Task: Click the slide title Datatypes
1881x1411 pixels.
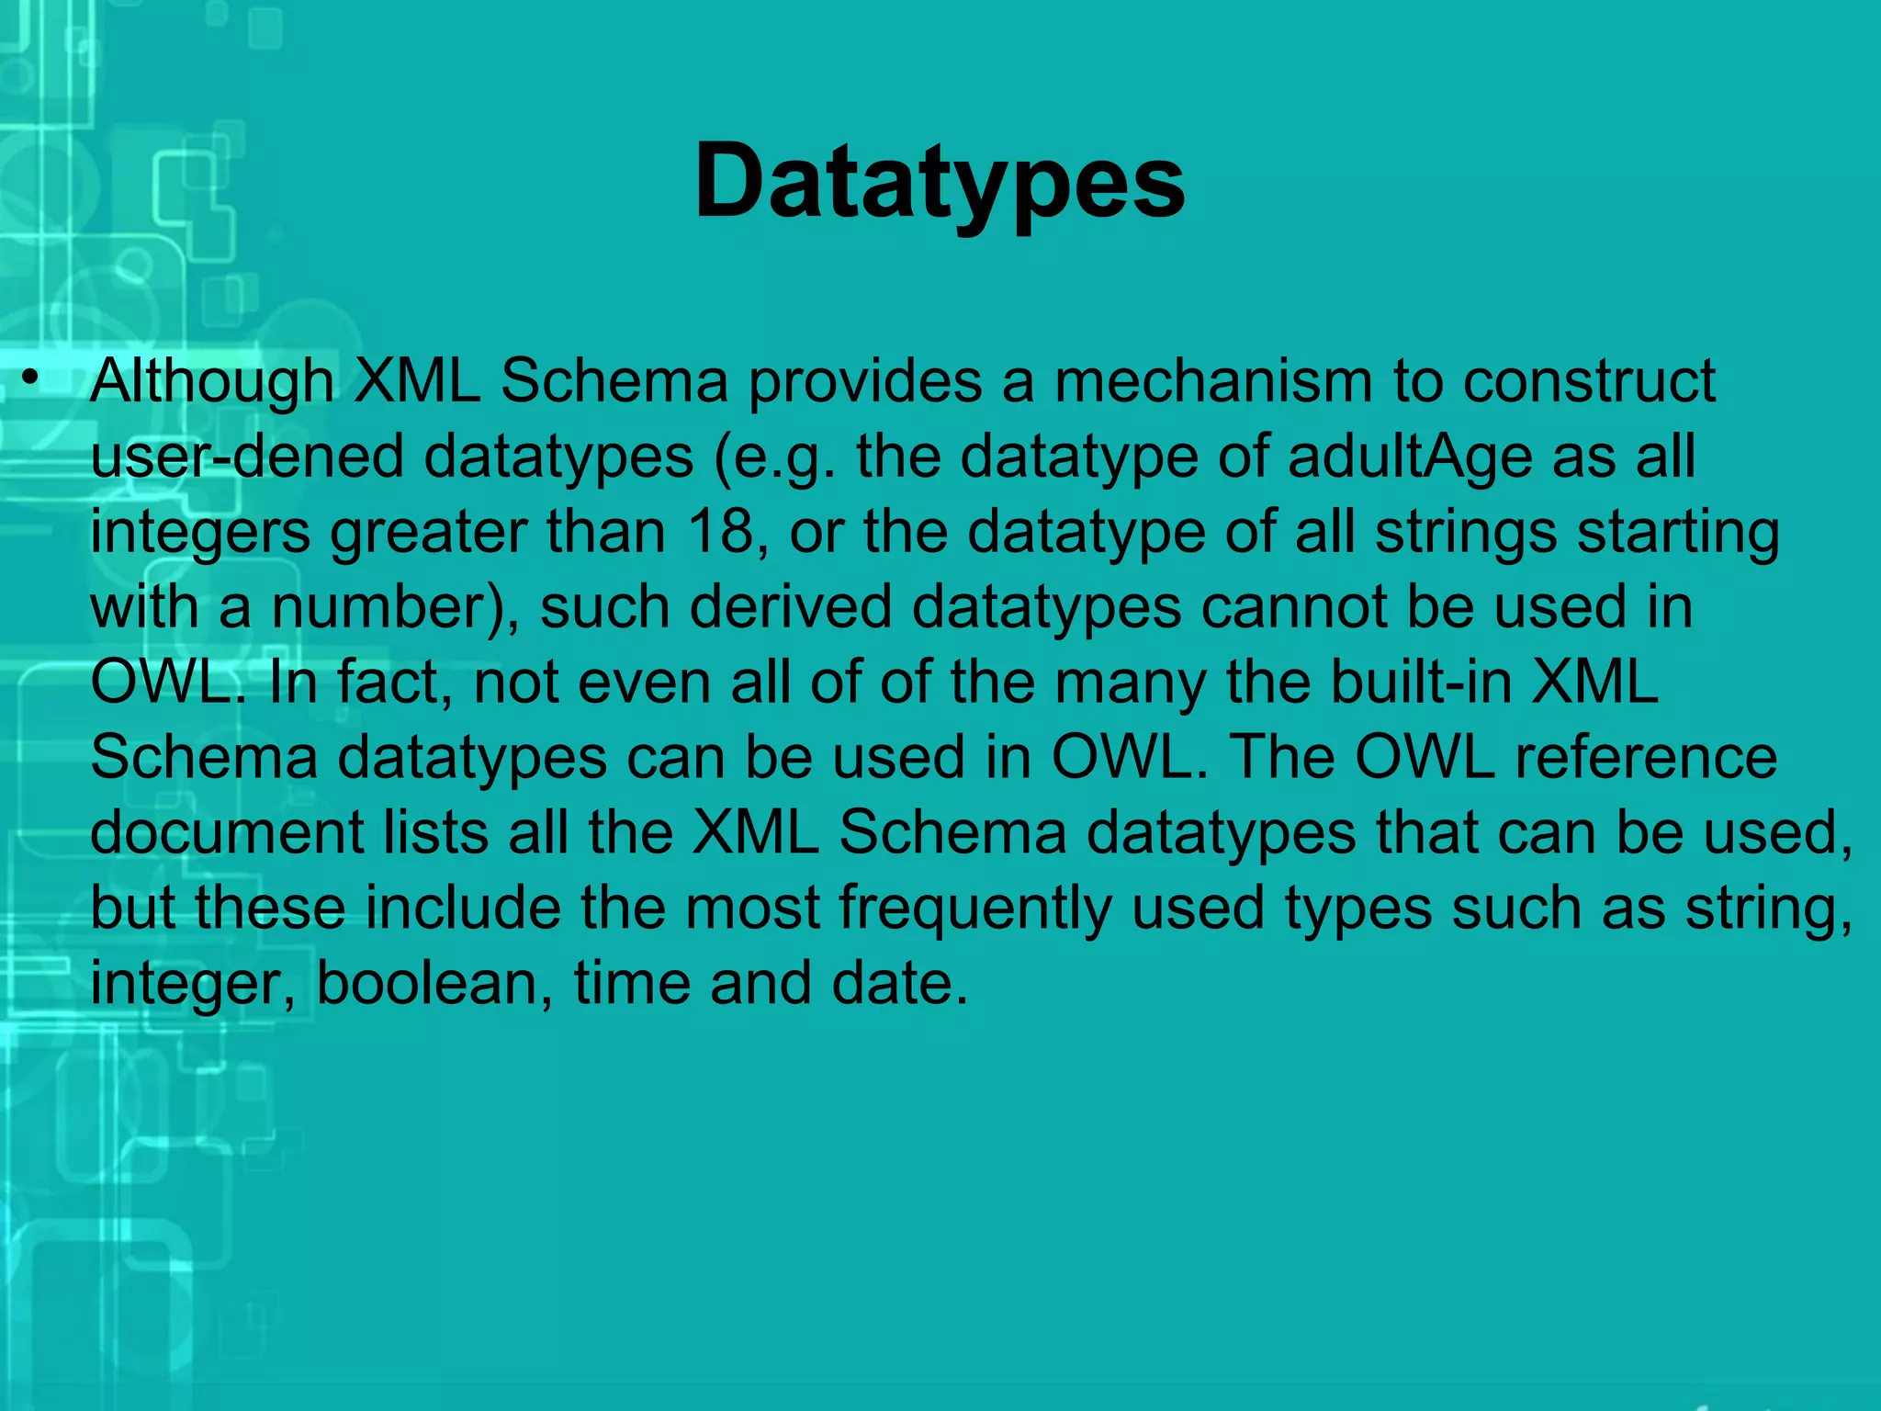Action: pos(940,182)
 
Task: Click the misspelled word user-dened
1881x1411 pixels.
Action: pos(247,457)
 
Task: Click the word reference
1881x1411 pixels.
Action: pos(1645,759)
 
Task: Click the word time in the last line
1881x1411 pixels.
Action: pos(632,984)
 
